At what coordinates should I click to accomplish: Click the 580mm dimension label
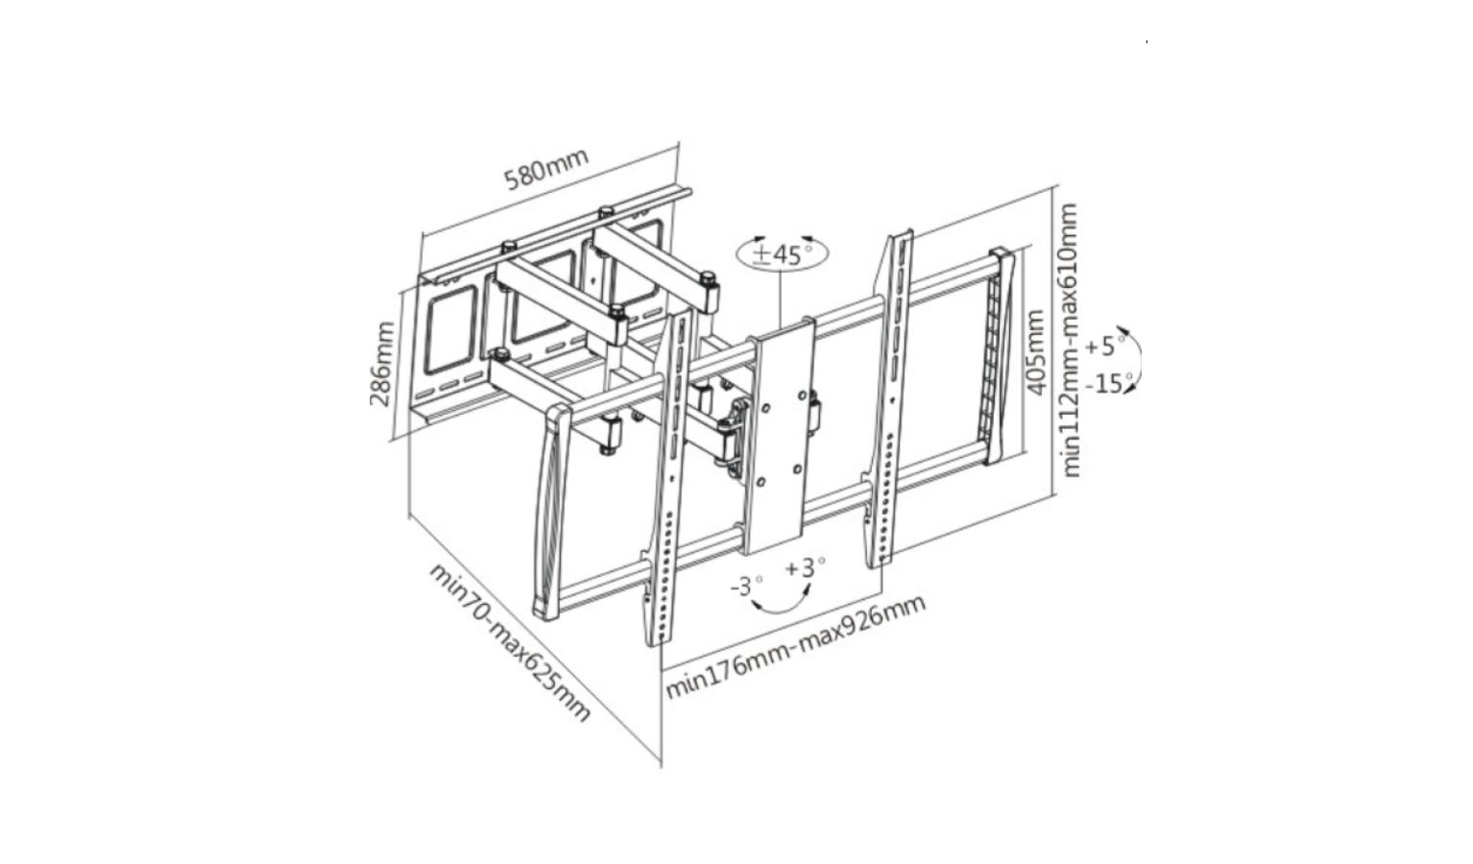[545, 168]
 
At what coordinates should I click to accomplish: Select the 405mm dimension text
[1034, 352]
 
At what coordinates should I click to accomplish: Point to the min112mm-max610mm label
[1070, 339]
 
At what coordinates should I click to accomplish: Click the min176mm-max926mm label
[796, 646]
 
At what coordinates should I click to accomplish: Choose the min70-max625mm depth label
[510, 641]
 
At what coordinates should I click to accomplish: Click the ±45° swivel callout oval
[782, 253]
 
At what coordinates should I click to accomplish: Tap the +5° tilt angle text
[1105, 345]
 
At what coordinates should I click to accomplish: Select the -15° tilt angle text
[1110, 383]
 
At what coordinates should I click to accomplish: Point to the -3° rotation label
[747, 585]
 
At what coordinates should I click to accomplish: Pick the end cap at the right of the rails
[999, 355]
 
